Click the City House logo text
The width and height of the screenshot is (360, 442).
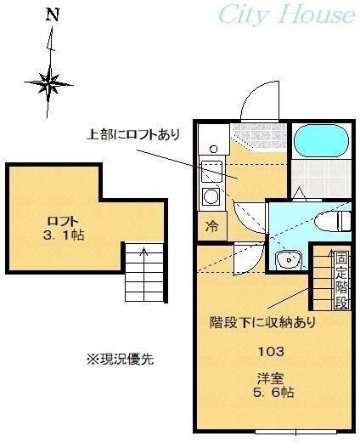point(286,15)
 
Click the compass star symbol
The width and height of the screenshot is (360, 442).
point(50,82)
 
